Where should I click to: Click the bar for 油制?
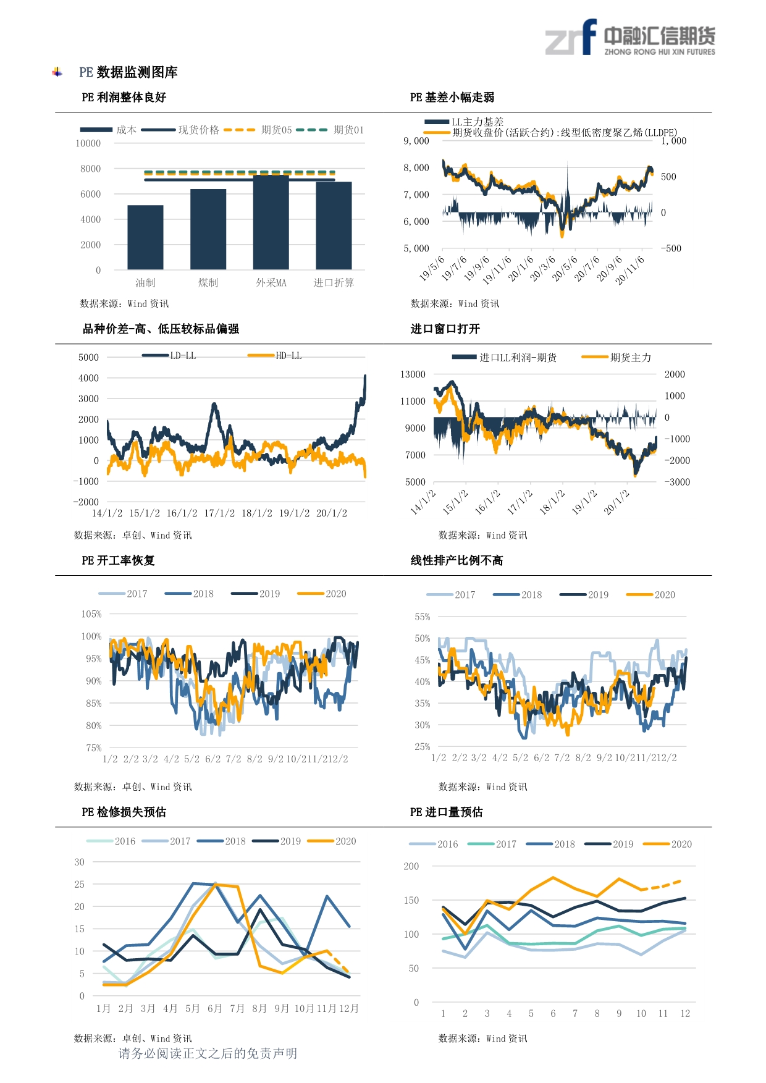pos(145,237)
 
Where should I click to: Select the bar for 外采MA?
pos(271,222)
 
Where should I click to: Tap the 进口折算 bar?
pos(334,225)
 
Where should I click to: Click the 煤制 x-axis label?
pos(208,283)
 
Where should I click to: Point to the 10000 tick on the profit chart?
pos(88,143)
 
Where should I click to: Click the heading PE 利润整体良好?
pos(124,97)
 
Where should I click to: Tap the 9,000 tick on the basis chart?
pos(416,141)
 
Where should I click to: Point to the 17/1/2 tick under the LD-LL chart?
pos(219,513)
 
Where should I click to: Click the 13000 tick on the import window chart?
pos(413,374)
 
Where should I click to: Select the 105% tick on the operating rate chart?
pos(91,614)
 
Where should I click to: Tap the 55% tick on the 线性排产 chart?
pos(423,617)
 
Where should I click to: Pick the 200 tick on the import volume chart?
pos(411,866)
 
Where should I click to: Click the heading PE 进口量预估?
pos(446,812)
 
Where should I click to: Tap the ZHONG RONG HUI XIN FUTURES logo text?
pos(659,52)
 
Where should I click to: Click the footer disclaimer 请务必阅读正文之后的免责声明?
pos(208,1053)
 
